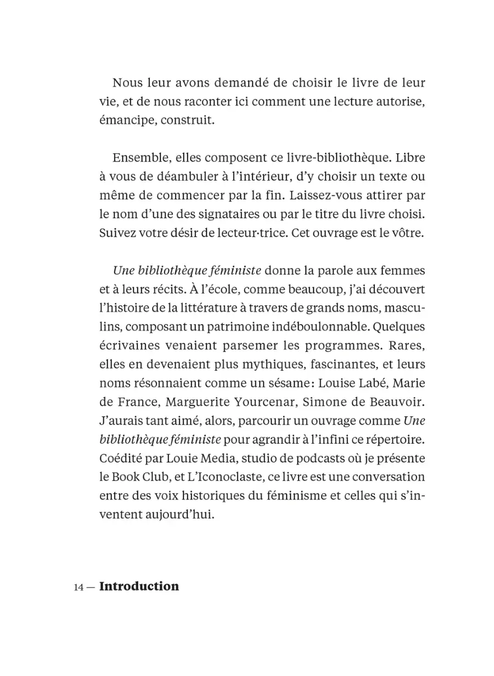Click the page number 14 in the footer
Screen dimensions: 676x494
coord(78,587)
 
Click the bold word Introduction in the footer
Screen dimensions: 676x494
coord(139,586)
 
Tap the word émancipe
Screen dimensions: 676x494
coord(123,121)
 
